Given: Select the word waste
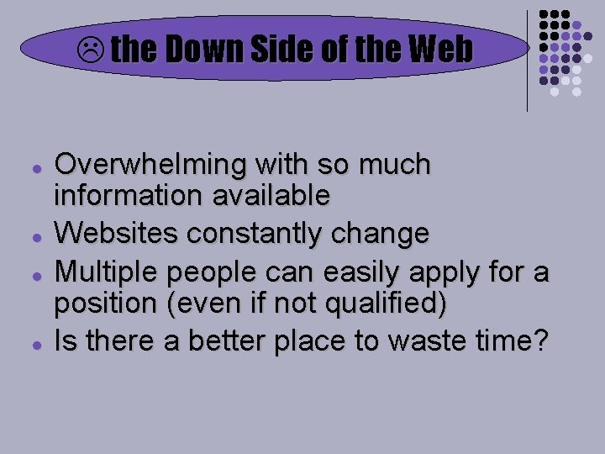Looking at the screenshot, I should (x=450, y=340).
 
